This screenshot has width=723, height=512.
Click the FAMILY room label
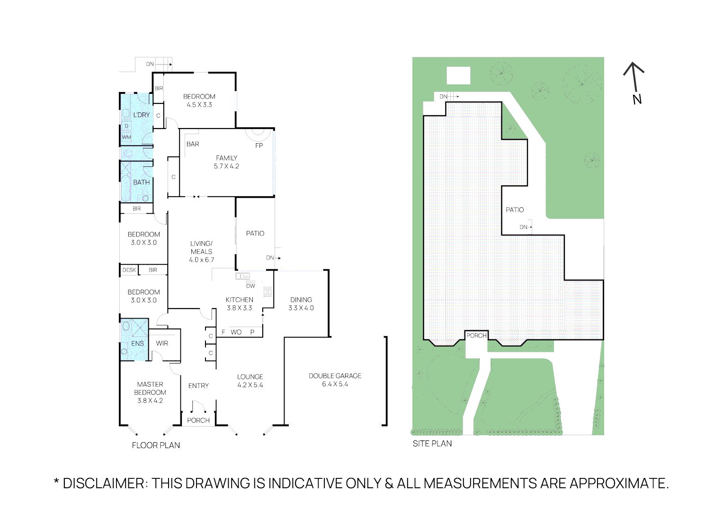pyautogui.click(x=226, y=158)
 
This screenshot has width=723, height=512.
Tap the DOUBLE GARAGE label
pyautogui.click(x=335, y=375)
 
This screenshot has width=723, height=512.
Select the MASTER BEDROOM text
pyautogui.click(x=150, y=388)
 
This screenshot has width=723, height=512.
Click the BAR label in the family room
pyautogui.click(x=193, y=144)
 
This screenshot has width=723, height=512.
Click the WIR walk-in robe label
pyautogui.click(x=162, y=343)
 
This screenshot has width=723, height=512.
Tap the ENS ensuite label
pyautogui.click(x=137, y=343)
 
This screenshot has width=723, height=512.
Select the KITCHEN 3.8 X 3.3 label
pyautogui.click(x=239, y=303)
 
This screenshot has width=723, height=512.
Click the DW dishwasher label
pyautogui.click(x=250, y=286)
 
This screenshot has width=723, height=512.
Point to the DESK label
pyautogui.click(x=129, y=270)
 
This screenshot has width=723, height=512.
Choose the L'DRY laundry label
pyautogui.click(x=142, y=115)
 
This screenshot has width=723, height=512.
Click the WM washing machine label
pyautogui.click(x=126, y=137)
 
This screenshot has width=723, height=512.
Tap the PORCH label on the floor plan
pyautogui.click(x=198, y=420)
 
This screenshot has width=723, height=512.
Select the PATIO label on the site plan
pyautogui.click(x=515, y=210)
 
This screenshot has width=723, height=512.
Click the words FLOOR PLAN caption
pyautogui.click(x=156, y=445)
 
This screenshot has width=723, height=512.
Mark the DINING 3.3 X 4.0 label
pyautogui.click(x=301, y=303)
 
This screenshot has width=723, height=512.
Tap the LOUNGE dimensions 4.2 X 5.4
pyautogui.click(x=250, y=385)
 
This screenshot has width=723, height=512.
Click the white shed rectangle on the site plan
pyautogui.click(x=458, y=76)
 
